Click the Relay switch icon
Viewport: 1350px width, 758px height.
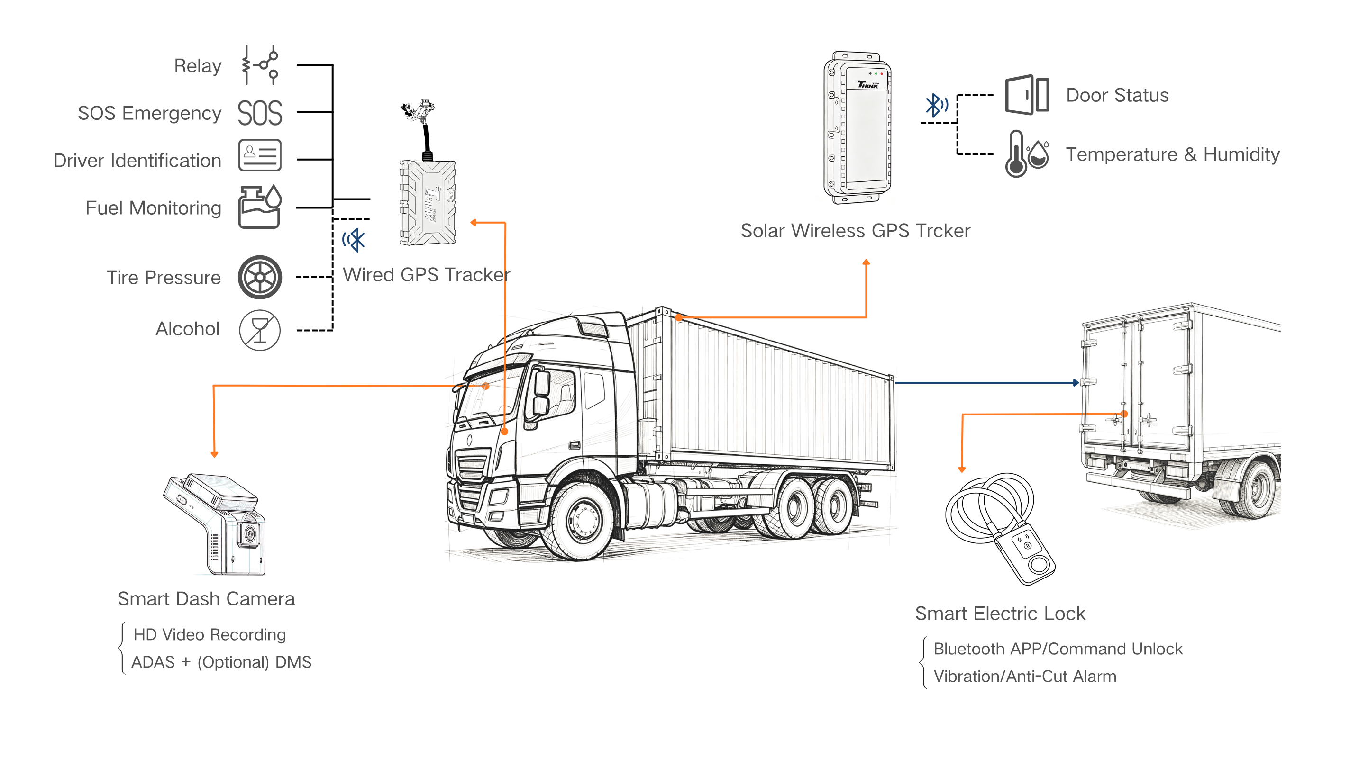pos(259,65)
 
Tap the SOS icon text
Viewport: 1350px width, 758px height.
pos(260,113)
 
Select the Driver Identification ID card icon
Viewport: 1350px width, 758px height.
pos(260,155)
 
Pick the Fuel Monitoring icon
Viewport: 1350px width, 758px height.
pos(260,207)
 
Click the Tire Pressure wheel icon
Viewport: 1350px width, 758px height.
pos(260,277)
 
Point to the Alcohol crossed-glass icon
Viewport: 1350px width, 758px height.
pos(260,330)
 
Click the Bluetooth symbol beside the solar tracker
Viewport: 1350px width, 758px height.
pos(937,105)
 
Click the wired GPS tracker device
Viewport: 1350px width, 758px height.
pos(428,202)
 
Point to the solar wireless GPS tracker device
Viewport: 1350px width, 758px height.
pos(857,128)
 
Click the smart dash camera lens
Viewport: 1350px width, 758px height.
pos(249,534)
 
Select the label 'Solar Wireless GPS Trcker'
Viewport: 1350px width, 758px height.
pos(855,231)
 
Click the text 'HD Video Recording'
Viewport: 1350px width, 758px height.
pos(210,635)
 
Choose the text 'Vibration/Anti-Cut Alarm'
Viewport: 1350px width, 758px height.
pos(1025,677)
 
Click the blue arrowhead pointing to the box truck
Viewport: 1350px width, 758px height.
pos(1076,383)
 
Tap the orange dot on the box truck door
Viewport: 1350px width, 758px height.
pos(1124,414)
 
